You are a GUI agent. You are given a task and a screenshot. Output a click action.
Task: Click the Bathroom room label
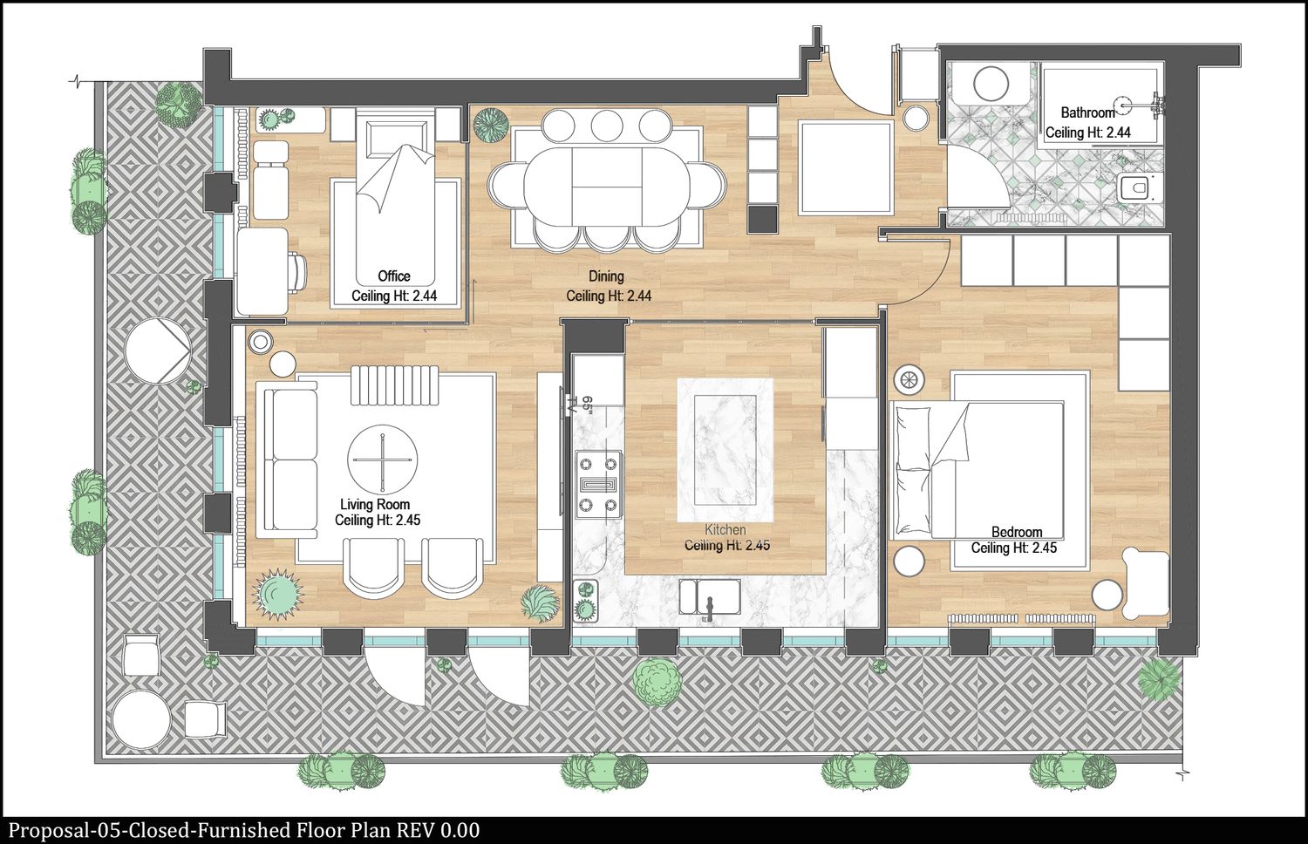pyautogui.click(x=1088, y=112)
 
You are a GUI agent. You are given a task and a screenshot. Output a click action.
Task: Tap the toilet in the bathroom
pyautogui.click(x=1137, y=188)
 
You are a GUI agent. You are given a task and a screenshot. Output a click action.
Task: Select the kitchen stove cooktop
pyautogui.click(x=598, y=485)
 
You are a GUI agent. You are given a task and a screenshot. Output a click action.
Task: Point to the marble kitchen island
pyautogui.click(x=725, y=450)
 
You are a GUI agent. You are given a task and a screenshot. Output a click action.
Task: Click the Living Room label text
pyautogui.click(x=375, y=504)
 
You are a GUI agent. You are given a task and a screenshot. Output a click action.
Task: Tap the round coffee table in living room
pyautogui.click(x=383, y=459)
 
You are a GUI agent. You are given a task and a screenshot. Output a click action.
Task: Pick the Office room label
pyautogui.click(x=394, y=276)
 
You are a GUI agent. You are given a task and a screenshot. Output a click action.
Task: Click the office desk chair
pyautogui.click(x=297, y=272)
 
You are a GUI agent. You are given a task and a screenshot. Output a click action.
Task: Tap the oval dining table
pyautogui.click(x=607, y=187)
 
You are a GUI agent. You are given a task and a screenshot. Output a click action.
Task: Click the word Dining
pyautogui.click(x=606, y=276)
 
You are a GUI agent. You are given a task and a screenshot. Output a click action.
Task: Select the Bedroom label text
pyautogui.click(x=1017, y=532)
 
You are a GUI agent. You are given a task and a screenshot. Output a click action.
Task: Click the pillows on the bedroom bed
pyautogui.click(x=914, y=471)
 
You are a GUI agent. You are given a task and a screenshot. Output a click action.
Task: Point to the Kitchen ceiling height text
pyautogui.click(x=727, y=545)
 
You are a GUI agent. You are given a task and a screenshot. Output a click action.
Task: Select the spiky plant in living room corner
pyautogui.click(x=278, y=594)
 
